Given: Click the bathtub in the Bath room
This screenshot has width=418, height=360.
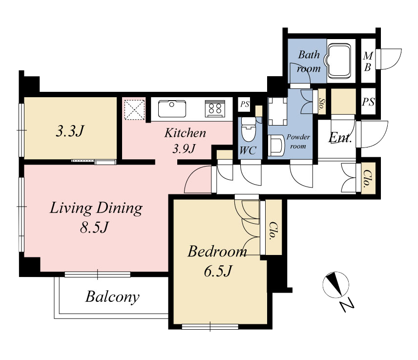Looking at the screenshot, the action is (x=339, y=61).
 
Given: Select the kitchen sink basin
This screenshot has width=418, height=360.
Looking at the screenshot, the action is (x=172, y=109).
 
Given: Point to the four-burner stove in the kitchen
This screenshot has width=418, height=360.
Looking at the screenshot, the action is (x=215, y=108).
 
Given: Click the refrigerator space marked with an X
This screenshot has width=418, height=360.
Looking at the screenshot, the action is (x=135, y=109).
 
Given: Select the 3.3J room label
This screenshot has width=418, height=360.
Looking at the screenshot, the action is (x=70, y=131).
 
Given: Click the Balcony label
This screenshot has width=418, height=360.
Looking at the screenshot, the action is (x=112, y=297).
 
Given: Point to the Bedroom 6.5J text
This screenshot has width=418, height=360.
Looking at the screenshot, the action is (x=217, y=261).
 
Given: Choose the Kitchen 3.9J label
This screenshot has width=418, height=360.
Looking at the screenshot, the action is (x=185, y=141).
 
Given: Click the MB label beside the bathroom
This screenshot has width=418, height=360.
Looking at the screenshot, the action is (x=368, y=62).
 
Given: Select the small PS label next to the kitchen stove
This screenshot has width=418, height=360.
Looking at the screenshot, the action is (x=245, y=104).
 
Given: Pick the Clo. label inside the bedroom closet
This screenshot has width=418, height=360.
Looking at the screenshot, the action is (x=272, y=231).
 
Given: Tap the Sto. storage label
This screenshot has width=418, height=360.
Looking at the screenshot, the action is (x=322, y=104).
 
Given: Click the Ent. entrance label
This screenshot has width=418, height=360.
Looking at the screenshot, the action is (x=340, y=138).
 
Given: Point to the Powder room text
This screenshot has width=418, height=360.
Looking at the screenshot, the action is (x=298, y=141).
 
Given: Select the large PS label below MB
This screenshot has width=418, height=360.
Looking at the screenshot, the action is (x=368, y=102).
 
